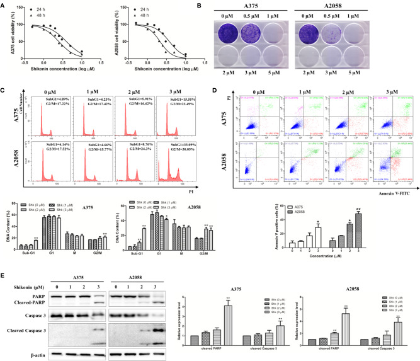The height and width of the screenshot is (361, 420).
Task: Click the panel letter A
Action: click(4, 4)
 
